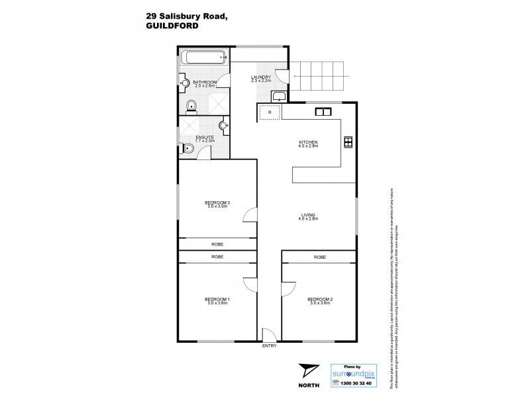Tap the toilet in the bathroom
191,105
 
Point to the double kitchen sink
323,111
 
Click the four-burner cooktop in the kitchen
348,141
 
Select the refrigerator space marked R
270,113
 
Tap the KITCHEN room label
308,142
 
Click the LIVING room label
308,214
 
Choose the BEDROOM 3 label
217,202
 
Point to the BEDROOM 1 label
217,300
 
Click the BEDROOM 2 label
320,300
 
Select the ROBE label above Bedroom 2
320,256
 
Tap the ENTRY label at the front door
269,346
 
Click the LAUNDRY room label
261,77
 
